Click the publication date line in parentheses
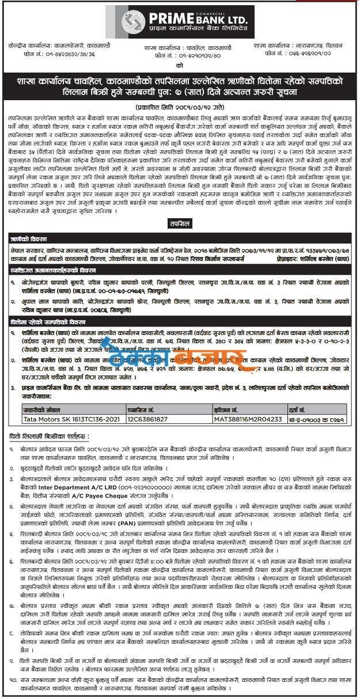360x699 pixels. coord(180,107)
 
